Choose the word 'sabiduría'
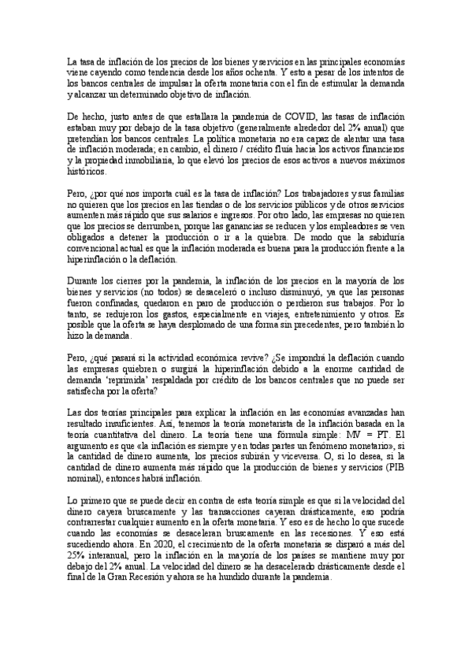click(x=381, y=238)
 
